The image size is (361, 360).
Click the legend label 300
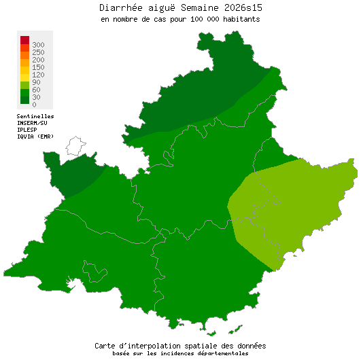tap(38, 44)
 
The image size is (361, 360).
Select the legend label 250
tap(38, 52)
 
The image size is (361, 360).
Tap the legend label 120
tap(38, 74)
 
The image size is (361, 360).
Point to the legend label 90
tap(36, 82)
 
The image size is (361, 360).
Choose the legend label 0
tap(34, 104)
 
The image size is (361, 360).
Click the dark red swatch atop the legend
tap(24, 40)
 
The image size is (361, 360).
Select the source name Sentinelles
tap(35, 116)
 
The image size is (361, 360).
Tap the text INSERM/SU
tap(32, 123)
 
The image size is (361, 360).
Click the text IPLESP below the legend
tap(27, 129)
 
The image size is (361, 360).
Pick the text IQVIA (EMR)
tap(35, 136)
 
